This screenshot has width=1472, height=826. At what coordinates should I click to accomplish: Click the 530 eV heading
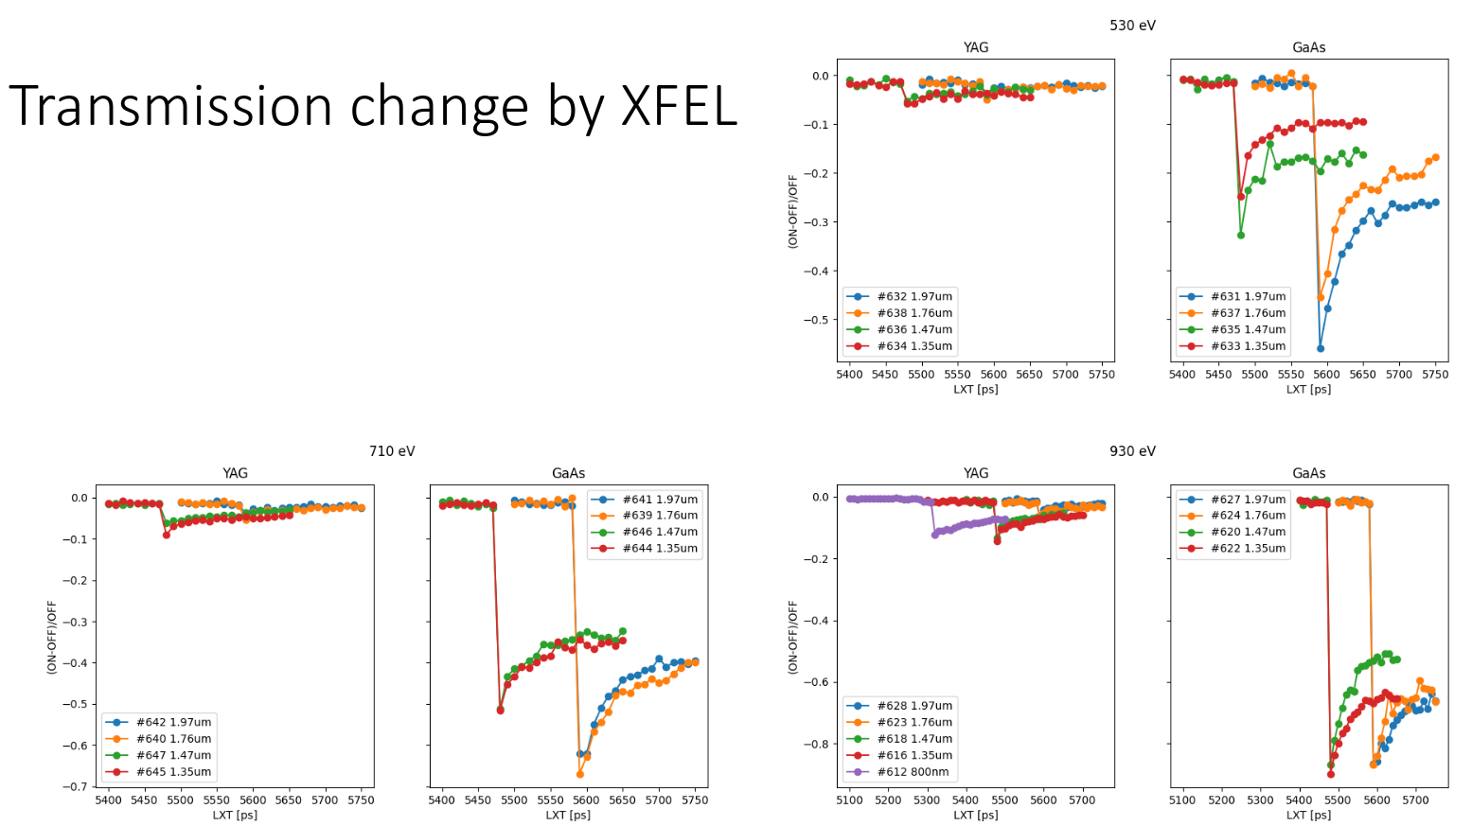coord(1132,26)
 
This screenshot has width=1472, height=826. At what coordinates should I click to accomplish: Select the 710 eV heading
coord(392,451)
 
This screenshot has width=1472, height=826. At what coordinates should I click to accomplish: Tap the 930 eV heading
coord(1132,451)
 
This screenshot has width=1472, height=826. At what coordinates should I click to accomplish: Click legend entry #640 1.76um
coord(173,739)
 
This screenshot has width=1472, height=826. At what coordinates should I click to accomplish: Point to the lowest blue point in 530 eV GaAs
coord(1321,348)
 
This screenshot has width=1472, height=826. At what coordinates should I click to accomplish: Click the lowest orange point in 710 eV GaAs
coord(579,774)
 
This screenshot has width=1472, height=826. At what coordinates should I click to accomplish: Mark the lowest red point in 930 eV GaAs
coord(1331,774)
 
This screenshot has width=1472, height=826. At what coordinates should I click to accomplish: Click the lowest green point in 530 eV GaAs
coord(1241,235)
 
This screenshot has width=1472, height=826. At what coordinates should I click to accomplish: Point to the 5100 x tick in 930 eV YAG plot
coord(849,800)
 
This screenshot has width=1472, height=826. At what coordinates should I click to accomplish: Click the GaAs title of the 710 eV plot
coord(568,473)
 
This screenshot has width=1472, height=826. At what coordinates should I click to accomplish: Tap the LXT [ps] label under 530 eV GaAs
coord(1308,389)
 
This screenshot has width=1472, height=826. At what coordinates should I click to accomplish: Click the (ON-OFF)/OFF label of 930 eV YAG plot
coord(793,637)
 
